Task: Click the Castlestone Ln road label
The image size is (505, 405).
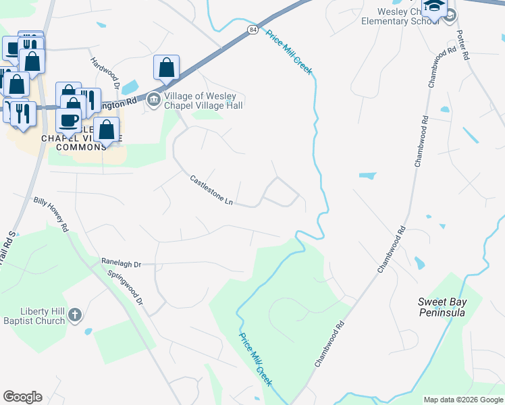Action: pos(211,191)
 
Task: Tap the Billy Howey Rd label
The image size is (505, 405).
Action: pos(51,215)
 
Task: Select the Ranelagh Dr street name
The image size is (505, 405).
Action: pos(121,263)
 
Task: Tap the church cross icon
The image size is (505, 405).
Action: pos(76,315)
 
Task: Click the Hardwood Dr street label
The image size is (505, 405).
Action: pos(105,74)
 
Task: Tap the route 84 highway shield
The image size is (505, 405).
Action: pos(252,30)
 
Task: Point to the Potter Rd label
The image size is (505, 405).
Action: pos(462,45)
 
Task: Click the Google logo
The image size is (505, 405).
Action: pos(22,397)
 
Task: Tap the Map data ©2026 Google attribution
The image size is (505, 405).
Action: pos(462,400)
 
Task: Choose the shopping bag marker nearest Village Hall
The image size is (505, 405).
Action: pos(166,68)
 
